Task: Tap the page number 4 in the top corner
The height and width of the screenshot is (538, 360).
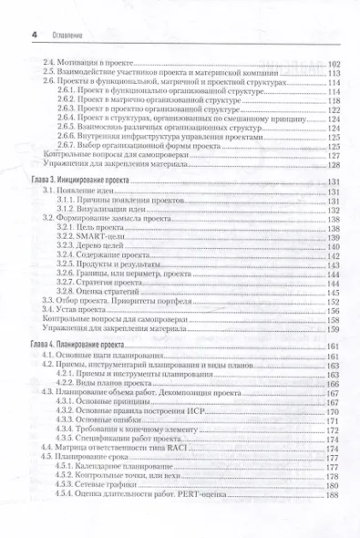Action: pos(33,36)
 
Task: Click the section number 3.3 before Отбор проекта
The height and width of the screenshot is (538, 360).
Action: pos(48,297)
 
